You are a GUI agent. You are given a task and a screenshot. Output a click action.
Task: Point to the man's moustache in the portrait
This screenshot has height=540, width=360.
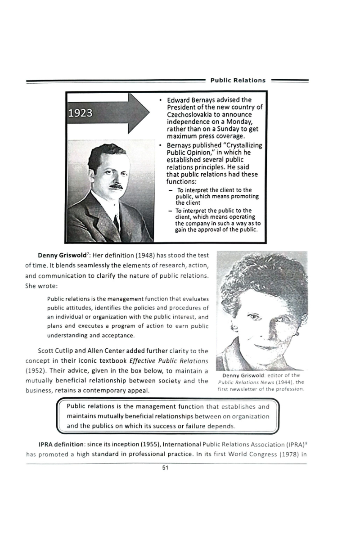pos(117,185)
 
